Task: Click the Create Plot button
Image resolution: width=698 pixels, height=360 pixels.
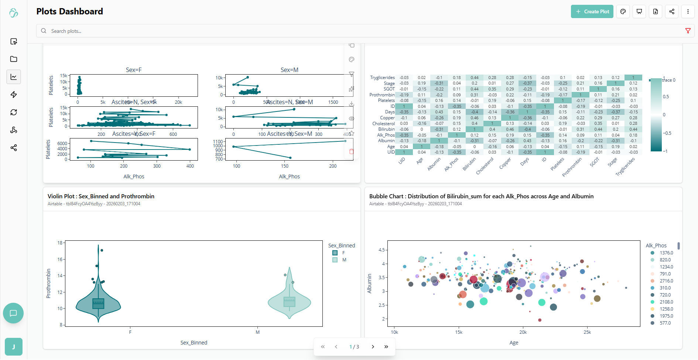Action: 592,11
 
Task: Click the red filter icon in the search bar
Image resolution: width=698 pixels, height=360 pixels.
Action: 688,31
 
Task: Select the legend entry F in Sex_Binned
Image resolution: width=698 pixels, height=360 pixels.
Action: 343,253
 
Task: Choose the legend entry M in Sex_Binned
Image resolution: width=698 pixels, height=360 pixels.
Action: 344,260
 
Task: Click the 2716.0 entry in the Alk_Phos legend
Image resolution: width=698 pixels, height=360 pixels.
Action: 666,281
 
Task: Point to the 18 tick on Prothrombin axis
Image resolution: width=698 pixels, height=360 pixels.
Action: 60,243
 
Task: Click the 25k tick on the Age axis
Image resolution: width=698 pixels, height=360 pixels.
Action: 587,332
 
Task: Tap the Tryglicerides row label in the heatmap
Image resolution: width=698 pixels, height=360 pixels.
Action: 382,78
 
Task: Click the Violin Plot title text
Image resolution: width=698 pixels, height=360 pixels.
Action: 101,196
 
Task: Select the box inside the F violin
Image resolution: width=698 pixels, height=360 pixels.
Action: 98,304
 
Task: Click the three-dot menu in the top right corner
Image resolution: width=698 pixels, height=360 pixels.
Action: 688,11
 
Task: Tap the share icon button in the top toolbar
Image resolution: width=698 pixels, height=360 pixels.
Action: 671,11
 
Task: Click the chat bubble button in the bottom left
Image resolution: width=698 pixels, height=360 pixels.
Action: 13,313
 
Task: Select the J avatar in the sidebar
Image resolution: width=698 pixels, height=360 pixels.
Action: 14,347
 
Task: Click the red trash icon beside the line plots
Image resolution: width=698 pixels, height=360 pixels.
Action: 351,151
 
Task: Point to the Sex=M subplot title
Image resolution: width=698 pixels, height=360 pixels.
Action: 289,70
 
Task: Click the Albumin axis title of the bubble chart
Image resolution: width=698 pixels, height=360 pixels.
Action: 369,284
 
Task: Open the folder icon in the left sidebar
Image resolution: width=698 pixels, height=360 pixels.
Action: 14,59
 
